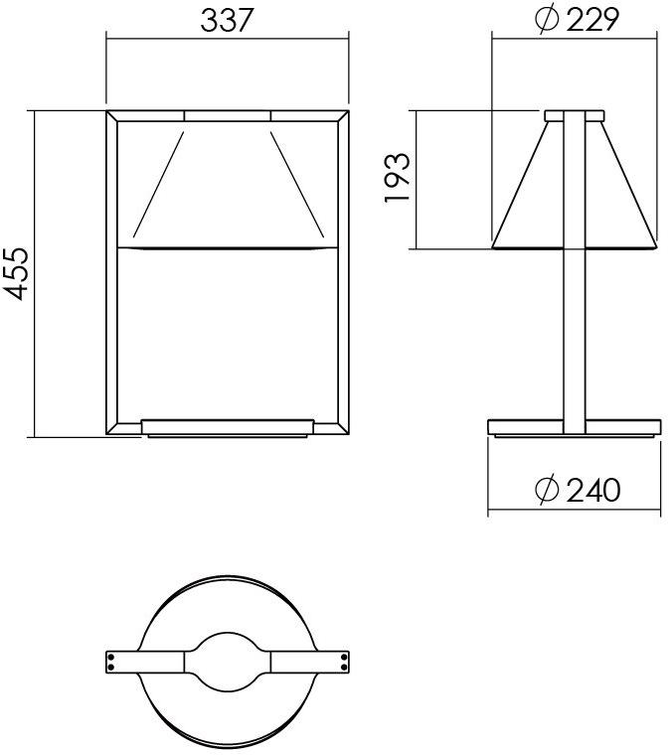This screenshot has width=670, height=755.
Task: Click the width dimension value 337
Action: (227, 20)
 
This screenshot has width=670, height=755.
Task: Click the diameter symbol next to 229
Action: (546, 20)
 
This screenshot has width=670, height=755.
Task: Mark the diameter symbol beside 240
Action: (546, 490)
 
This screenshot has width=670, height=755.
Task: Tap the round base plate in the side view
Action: (574, 427)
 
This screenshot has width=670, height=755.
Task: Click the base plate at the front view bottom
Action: (228, 427)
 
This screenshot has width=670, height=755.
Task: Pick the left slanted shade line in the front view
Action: (159, 179)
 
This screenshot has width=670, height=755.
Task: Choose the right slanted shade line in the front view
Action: (295, 179)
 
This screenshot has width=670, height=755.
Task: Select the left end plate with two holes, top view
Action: (116, 661)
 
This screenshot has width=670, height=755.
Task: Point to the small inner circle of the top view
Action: (228, 661)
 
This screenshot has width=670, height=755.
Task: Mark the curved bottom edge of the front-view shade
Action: (228, 244)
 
